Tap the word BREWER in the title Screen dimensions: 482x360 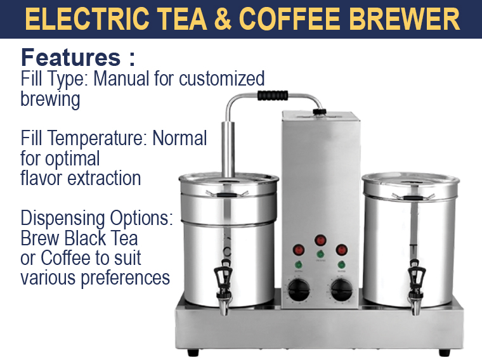pos(404,18)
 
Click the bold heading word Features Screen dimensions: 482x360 pos(70,58)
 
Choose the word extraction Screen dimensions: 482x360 pos(104,178)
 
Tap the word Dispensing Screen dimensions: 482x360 pos(63,219)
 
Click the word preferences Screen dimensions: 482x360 pos(126,278)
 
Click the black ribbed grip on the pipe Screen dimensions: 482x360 pos(273,96)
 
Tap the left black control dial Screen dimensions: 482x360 pos(299,290)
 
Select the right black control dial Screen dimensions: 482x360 pos(341,290)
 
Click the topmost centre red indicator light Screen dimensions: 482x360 pos(320,240)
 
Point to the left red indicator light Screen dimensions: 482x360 pos(299,250)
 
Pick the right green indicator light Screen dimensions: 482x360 pos(341,264)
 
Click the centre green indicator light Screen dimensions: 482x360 pos(320,254)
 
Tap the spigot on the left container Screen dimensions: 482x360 pos(223,286)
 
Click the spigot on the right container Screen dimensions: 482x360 pos(416,287)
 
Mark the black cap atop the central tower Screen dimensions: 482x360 pos(320,112)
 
